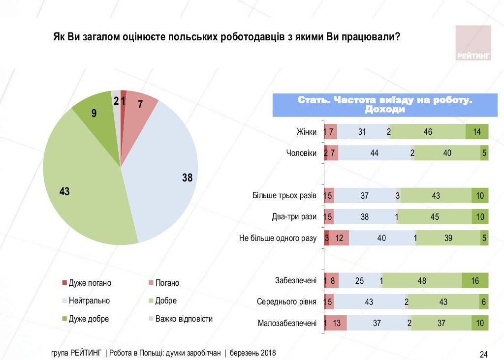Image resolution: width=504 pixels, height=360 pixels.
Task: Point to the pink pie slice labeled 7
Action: click(139, 107)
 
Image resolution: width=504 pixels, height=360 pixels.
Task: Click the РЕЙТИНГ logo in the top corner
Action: click(473, 43)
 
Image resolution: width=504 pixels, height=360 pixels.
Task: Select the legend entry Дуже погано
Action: click(87, 283)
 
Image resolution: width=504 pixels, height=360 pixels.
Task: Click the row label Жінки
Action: click(306, 132)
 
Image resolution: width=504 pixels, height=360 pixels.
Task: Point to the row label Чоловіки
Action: click(301, 153)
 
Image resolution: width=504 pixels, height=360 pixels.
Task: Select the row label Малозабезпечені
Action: click(287, 323)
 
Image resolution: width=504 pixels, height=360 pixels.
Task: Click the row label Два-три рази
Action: click(294, 216)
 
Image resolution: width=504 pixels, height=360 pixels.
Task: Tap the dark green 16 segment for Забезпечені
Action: click(475, 280)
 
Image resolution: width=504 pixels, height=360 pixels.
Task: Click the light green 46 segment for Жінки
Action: click(428, 132)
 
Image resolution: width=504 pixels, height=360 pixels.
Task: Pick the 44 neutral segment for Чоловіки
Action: click(374, 153)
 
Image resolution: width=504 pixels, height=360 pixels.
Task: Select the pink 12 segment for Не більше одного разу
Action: click(339, 238)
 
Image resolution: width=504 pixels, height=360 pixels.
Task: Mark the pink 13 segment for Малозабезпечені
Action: click(337, 323)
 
